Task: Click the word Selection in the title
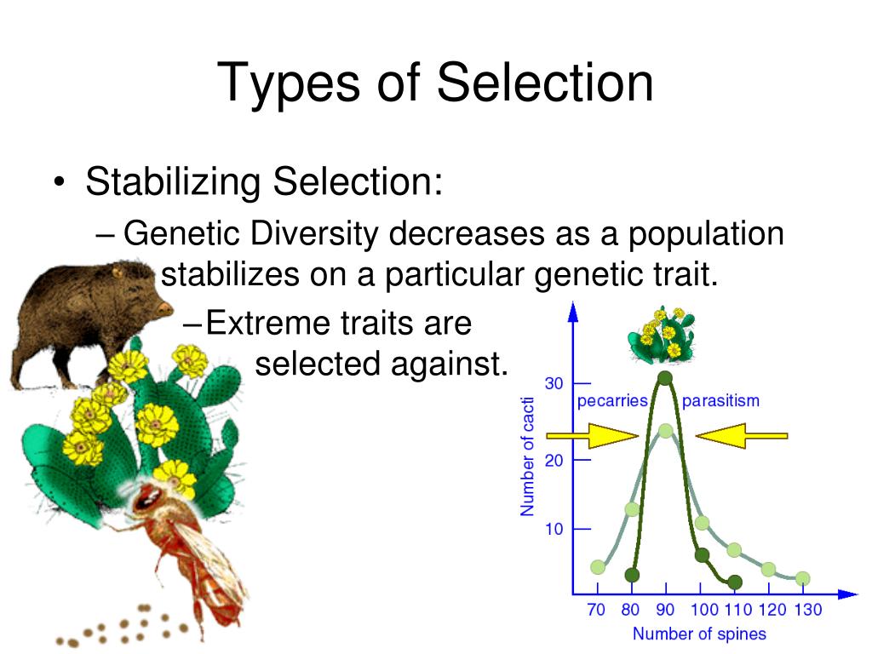pos(545,83)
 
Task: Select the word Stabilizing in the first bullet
pos(173,181)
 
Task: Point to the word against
pos(448,364)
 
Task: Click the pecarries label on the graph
pos(612,401)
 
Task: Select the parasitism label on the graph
pos(720,401)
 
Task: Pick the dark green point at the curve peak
pos(665,378)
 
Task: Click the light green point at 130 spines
pos(802,578)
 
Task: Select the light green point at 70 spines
pos(598,567)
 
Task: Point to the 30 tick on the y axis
pos(554,383)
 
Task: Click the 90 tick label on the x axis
pos(665,610)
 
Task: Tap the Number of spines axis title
pos(698,634)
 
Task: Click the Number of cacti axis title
pos(528,456)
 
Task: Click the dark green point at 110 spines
pos(735,582)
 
